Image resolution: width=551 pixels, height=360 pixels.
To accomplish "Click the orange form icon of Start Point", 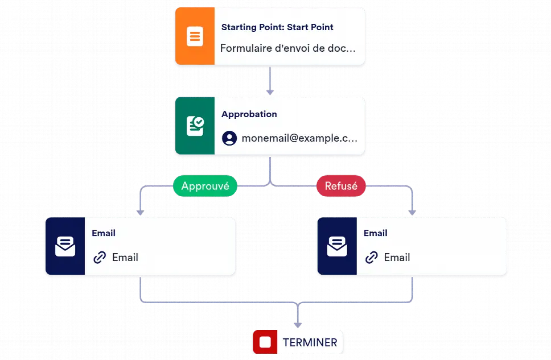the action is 195,36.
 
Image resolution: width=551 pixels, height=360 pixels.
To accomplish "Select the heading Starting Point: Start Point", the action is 277,27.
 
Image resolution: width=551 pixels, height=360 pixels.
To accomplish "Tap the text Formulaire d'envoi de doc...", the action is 288,48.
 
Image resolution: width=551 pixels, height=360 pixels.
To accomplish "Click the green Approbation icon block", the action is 195,126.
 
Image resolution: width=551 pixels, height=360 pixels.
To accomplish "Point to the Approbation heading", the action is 249,114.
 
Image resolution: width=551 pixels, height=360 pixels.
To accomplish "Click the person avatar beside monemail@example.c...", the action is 229,138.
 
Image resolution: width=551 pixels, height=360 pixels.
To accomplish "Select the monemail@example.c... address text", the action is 300,138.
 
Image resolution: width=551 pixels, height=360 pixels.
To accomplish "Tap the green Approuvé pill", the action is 205,186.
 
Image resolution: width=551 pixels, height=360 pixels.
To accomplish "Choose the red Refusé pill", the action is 341,186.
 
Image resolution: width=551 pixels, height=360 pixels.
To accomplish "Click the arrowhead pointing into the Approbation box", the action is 270,92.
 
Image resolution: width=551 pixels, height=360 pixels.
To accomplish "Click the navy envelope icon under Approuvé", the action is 65,246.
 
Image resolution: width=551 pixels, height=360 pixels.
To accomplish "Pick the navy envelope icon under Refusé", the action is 337,246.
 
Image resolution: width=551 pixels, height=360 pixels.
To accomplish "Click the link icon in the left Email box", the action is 100,258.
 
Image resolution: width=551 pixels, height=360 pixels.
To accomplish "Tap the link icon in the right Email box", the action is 372,258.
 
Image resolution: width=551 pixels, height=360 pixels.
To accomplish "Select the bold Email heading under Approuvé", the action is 104,233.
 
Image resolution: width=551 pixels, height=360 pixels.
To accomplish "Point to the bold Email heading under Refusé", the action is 376,233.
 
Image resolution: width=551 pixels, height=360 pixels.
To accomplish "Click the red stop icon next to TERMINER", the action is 265,342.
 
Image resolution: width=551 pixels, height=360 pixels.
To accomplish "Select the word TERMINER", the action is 310,342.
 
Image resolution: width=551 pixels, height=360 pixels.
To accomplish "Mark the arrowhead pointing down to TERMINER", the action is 298,325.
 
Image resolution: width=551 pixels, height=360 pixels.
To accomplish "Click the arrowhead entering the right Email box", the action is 412,213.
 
